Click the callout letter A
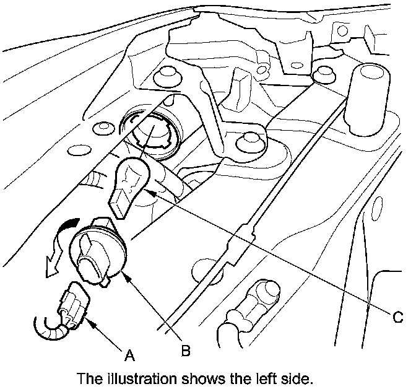pos(129,355)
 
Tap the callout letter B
pos(184,351)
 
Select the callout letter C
pos(398,316)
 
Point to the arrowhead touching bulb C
pos(149,192)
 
